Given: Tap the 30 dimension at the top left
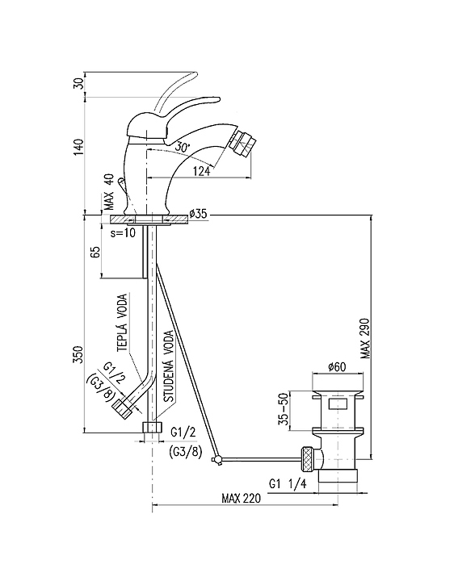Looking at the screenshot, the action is (x=79, y=84).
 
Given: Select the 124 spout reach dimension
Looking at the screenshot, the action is (x=201, y=171).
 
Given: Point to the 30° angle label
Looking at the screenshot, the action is (x=182, y=147).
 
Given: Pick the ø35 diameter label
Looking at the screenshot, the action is (x=198, y=214).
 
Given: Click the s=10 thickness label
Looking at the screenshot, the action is (x=124, y=232).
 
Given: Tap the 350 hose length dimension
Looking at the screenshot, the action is (x=79, y=354).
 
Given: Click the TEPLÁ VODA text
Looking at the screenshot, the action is (x=122, y=322).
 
